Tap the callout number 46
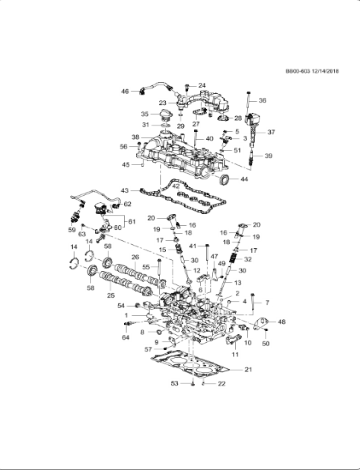[125, 91]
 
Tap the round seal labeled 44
[226, 178]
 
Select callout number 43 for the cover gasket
[124, 190]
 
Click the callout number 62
[127, 204]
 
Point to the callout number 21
[249, 370]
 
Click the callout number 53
[173, 383]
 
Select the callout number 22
[222, 383]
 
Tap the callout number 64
[126, 338]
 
